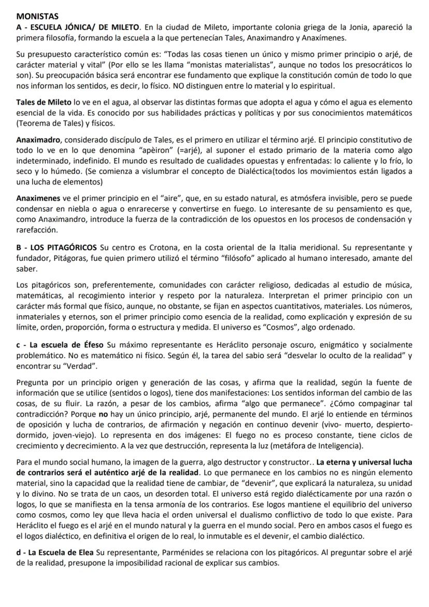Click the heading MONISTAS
(x=37, y=17)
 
